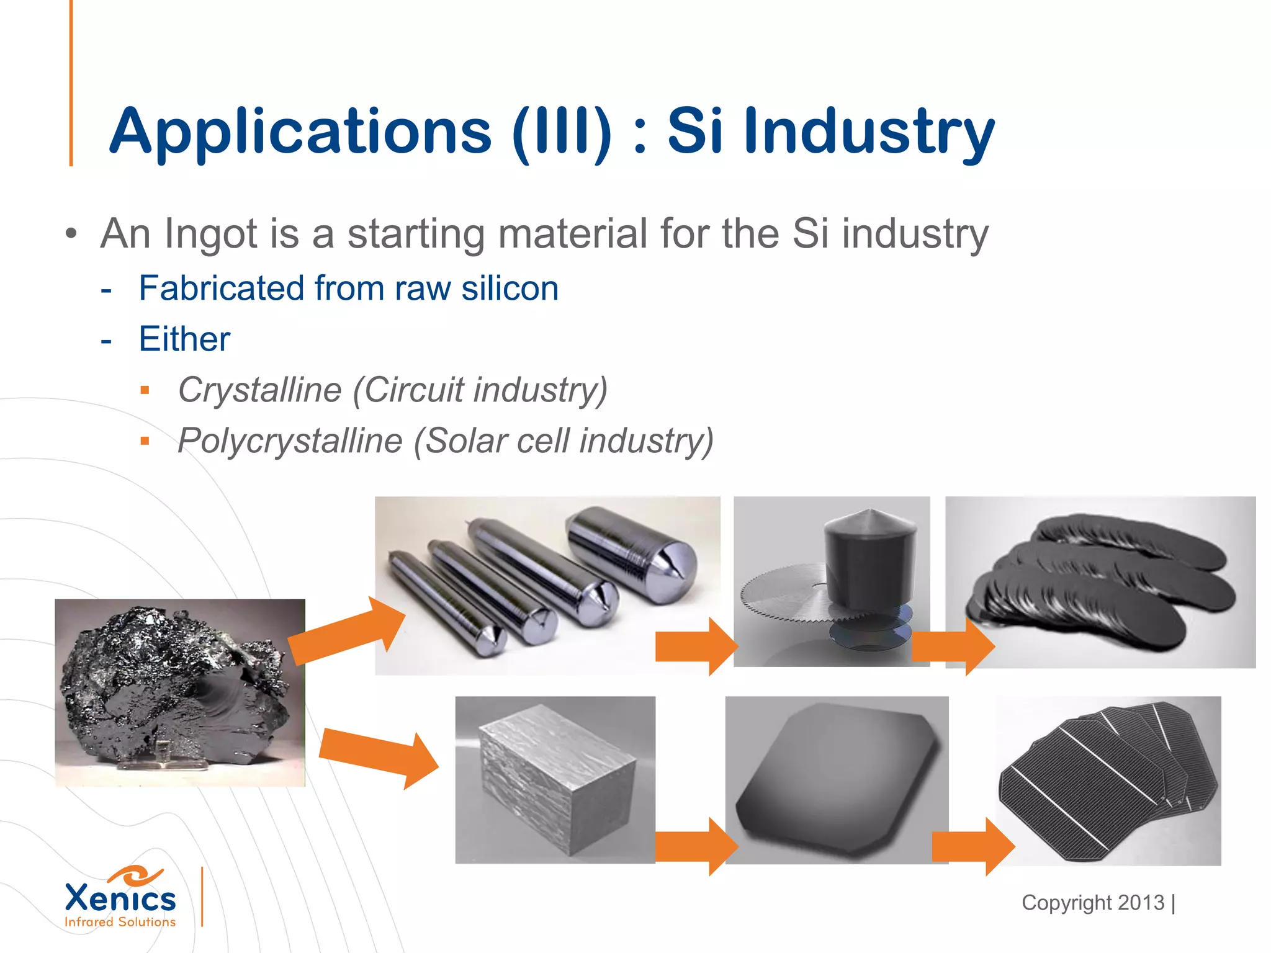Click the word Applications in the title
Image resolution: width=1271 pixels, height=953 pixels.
pos(300,132)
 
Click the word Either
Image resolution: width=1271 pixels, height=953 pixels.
pos(184,339)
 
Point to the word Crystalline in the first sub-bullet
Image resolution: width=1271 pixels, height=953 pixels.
pos(259,390)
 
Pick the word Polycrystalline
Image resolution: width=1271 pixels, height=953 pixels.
pos(290,441)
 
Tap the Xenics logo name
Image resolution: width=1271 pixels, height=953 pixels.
pos(120,898)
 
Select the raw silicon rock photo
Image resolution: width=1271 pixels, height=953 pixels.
pos(180,692)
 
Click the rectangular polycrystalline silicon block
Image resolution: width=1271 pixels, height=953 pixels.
pos(556,779)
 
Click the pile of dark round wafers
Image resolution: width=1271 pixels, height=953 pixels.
pos(1100,582)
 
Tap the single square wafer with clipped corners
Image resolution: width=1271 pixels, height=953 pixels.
pos(837,779)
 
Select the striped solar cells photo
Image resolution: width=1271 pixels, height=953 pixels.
pos(1108,781)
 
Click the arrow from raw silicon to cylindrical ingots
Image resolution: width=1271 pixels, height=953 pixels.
pos(348,630)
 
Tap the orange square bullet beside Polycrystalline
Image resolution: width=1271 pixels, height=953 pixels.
pos(145,442)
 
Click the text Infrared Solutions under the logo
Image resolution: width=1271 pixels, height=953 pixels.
pos(120,922)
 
